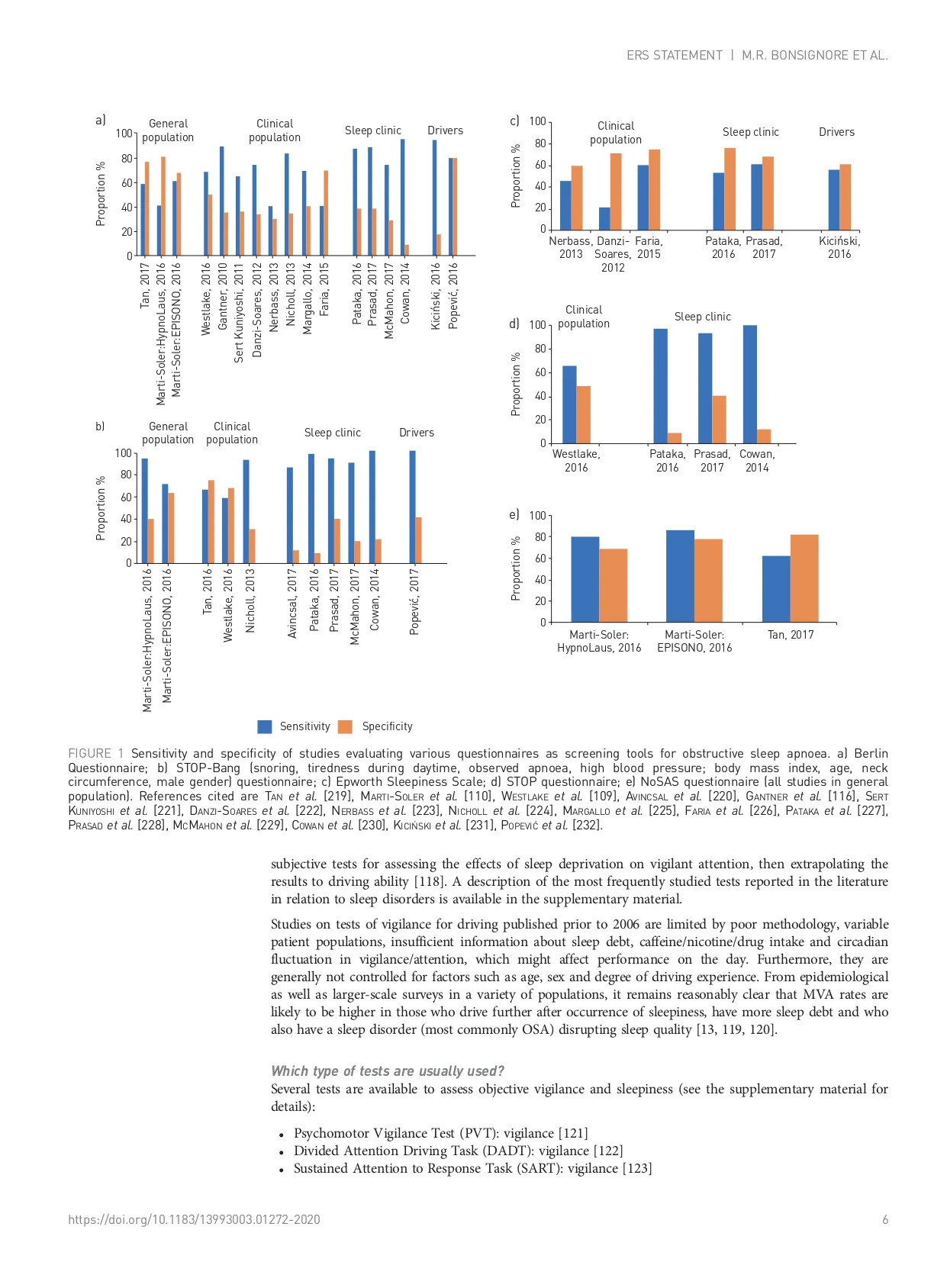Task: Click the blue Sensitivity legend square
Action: click(x=265, y=726)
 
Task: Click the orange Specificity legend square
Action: click(x=346, y=726)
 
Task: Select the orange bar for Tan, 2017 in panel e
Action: click(x=804, y=578)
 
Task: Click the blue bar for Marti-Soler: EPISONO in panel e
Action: click(x=680, y=576)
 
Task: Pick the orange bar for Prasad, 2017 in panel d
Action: click(x=719, y=419)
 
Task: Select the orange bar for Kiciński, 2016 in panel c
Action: click(x=846, y=197)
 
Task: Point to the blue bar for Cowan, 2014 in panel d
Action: click(x=750, y=384)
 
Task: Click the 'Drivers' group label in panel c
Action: click(x=836, y=132)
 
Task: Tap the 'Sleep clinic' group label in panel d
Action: click(x=702, y=317)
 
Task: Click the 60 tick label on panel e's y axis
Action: click(x=540, y=559)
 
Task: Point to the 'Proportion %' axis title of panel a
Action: click(x=100, y=194)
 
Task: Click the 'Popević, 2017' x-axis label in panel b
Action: click(x=414, y=601)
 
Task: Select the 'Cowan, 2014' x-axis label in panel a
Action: click(x=405, y=293)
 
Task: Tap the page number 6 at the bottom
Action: click(x=885, y=1219)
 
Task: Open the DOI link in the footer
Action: click(x=194, y=1219)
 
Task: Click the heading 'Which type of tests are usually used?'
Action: click(x=388, y=1071)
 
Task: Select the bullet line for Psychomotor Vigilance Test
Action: click(x=440, y=1133)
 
